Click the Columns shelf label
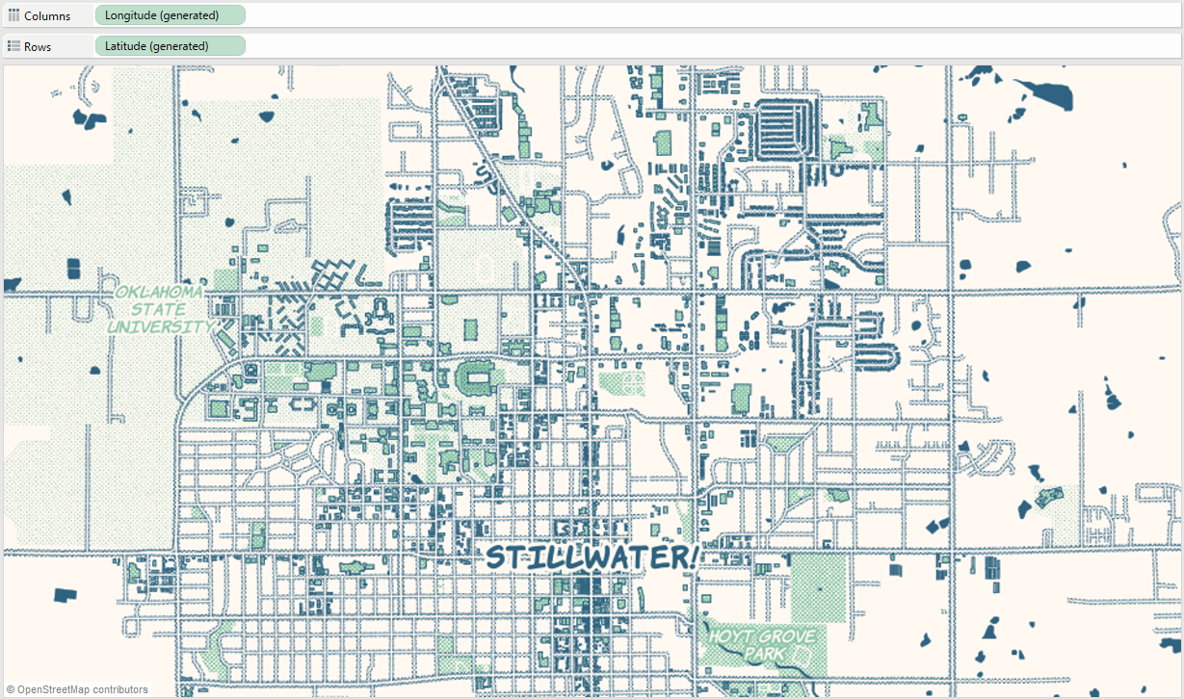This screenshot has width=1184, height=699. pyautogui.click(x=46, y=16)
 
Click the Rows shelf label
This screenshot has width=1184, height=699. pyautogui.click(x=38, y=46)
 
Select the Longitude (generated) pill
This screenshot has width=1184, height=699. pyautogui.click(x=170, y=15)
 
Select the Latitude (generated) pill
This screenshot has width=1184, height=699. pyautogui.click(x=170, y=45)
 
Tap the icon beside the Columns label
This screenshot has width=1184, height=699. pyautogui.click(x=13, y=16)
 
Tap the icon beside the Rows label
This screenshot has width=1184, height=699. pyautogui.click(x=13, y=46)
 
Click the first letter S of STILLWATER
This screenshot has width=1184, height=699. pyautogui.click(x=495, y=557)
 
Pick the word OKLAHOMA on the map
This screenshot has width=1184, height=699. pyautogui.click(x=159, y=292)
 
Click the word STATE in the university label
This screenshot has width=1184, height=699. pyautogui.click(x=159, y=309)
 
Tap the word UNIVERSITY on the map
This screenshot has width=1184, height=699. pyautogui.click(x=159, y=326)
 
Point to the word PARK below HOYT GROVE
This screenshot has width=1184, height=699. pyautogui.click(x=763, y=654)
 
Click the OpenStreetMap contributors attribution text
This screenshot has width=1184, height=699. pyautogui.click(x=83, y=689)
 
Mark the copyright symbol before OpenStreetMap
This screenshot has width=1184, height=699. pyautogui.click(x=10, y=689)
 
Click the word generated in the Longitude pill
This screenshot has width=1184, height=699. pyautogui.click(x=192, y=15)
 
